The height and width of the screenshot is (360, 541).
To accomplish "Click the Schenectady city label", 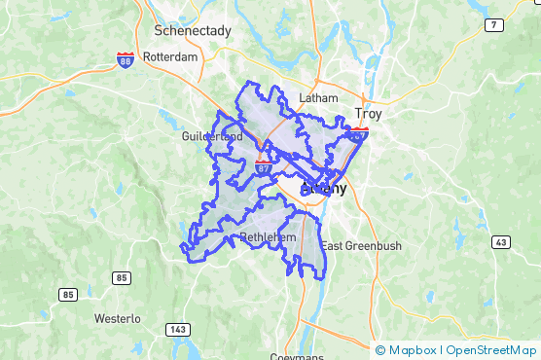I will pyautogui.click(x=193, y=31).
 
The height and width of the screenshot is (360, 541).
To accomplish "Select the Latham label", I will pyautogui.click(x=318, y=98).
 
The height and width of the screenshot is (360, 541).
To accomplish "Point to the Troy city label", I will pyautogui.click(x=370, y=114).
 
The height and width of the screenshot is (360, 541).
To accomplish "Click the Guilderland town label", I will pyautogui.click(x=212, y=137).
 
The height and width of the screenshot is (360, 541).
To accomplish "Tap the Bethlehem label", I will pyautogui.click(x=267, y=237).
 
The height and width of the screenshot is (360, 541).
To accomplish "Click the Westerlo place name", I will pyautogui.click(x=118, y=318).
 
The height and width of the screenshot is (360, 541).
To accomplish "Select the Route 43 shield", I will pyautogui.click(x=501, y=241).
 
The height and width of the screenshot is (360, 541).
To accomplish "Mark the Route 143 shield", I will pyautogui.click(x=177, y=329).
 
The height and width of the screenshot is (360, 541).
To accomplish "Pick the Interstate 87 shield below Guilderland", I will pyautogui.click(x=264, y=166).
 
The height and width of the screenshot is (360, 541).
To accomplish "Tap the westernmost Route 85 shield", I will pyautogui.click(x=67, y=295).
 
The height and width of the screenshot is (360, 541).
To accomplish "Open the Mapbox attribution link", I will pyautogui.click(x=413, y=350).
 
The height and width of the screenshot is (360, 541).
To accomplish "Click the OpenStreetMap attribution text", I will pyautogui.click(x=491, y=350).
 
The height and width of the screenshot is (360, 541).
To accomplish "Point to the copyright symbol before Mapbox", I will pyautogui.click(x=379, y=350).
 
